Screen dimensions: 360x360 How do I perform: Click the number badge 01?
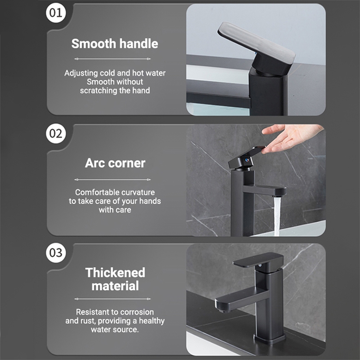point(56,13)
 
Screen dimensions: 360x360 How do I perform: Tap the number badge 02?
point(56,134)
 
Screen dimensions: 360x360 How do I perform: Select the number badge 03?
point(56,253)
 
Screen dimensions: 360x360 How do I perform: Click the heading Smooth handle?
point(114,44)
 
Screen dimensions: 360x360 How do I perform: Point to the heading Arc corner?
point(115,163)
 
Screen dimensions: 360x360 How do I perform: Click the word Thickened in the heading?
point(115,273)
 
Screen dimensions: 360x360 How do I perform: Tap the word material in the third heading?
point(115,286)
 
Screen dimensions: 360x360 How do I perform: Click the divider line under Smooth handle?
point(112,59)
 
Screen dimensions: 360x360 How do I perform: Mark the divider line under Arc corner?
point(112,180)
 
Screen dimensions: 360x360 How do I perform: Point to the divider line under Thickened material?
point(112,299)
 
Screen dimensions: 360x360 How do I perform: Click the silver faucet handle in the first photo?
point(256,43)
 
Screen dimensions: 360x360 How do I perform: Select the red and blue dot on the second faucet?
point(247,160)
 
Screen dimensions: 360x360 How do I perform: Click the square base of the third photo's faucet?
point(270,338)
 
